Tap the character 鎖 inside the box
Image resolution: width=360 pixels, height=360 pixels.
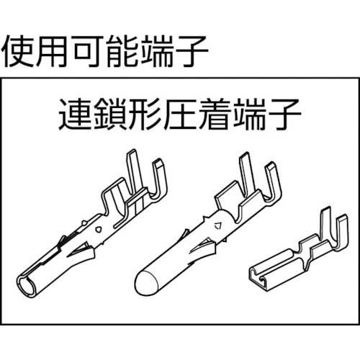click(x=109, y=114)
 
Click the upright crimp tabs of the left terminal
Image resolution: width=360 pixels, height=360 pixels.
click(x=148, y=173)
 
